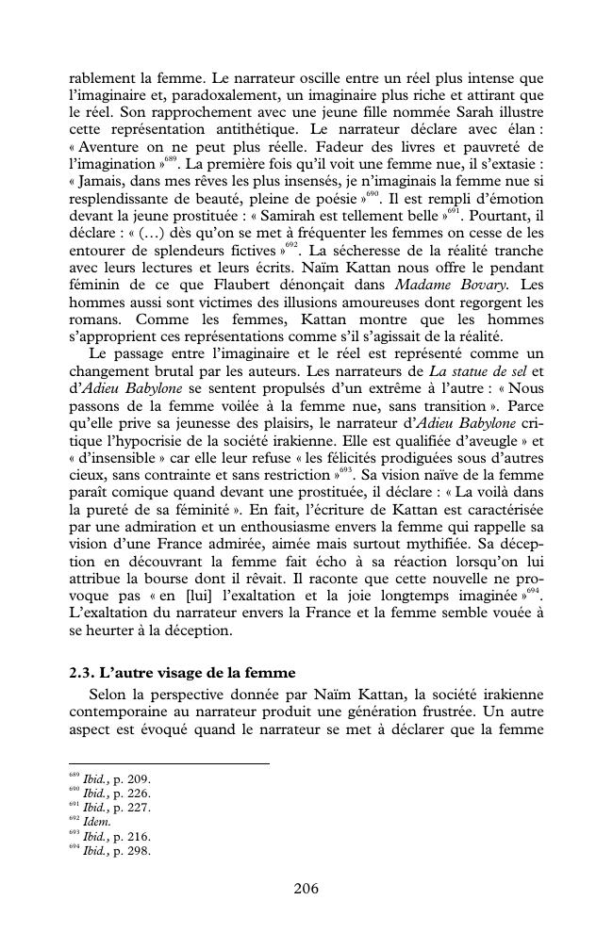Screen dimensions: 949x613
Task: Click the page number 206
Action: (x=306, y=888)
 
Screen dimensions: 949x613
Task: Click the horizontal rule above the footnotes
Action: (x=169, y=763)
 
